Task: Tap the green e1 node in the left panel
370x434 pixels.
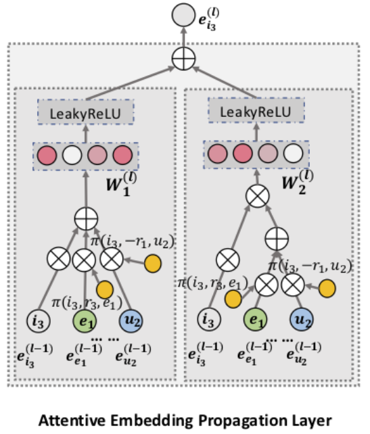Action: [85, 321]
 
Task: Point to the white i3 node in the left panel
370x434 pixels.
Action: [39, 321]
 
